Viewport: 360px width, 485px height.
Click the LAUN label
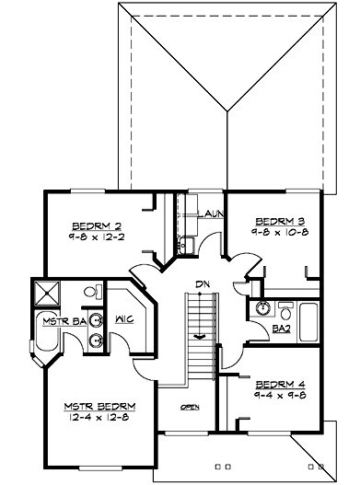click(211, 214)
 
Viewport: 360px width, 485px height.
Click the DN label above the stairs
click(200, 283)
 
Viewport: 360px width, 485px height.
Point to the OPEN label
click(191, 407)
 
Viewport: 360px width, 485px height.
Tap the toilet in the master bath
click(91, 292)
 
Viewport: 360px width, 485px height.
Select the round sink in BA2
click(262, 309)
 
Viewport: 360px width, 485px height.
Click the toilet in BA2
click(283, 308)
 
